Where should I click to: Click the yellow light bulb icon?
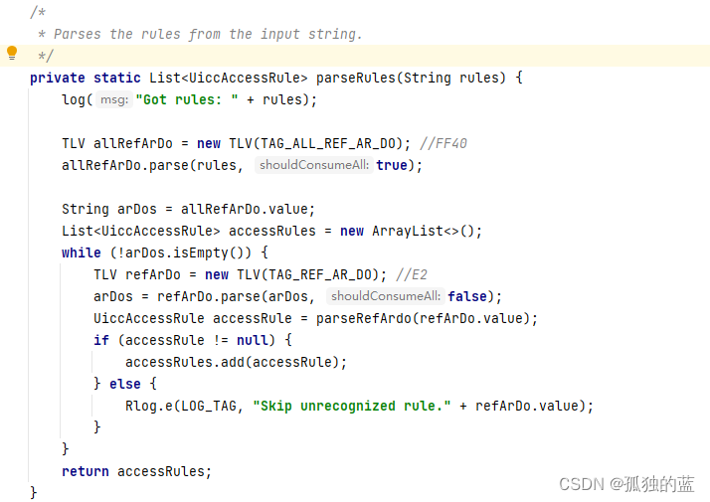[12, 53]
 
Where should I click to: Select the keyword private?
[58, 78]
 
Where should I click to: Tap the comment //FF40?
[444, 143]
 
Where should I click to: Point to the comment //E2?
[412, 274]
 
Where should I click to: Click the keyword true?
[392, 165]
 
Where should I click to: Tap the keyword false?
[467, 296]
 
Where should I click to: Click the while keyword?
[82, 252]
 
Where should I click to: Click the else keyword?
[125, 384]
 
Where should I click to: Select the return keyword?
[86, 471]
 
